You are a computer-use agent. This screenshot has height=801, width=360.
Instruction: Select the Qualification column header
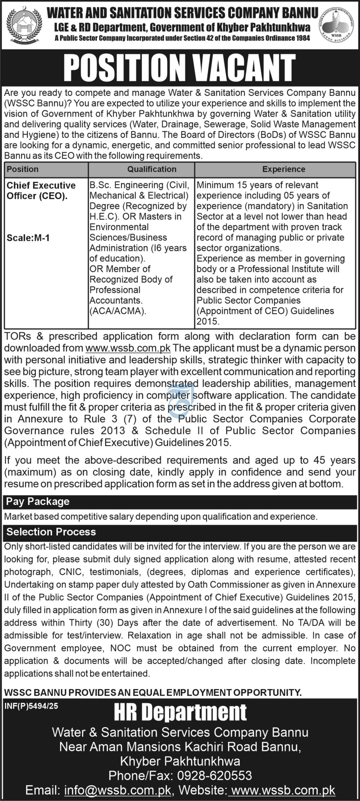click(x=152, y=169)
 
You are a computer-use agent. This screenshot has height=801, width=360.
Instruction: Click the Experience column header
click(x=284, y=169)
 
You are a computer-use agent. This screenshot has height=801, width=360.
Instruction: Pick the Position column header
click(x=23, y=169)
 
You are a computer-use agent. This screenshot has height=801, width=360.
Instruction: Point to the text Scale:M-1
click(x=28, y=238)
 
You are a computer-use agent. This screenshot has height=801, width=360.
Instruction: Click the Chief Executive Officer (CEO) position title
click(x=41, y=191)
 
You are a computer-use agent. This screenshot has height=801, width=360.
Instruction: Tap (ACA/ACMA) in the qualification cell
click(x=118, y=311)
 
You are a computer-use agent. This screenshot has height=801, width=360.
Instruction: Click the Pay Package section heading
click(x=38, y=502)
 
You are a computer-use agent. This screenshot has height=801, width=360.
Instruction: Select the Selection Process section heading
click(x=51, y=532)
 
